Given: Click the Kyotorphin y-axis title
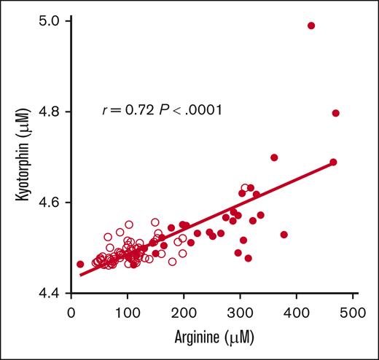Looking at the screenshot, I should click(19, 157).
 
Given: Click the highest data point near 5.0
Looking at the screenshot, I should click(311, 26).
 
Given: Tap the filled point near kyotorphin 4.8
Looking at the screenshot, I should click(335, 113).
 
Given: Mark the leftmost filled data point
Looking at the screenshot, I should click(80, 264).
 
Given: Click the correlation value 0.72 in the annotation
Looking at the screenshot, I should click(136, 111).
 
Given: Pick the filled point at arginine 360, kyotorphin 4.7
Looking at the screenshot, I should click(274, 157).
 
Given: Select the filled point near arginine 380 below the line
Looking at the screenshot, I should click(284, 235).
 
